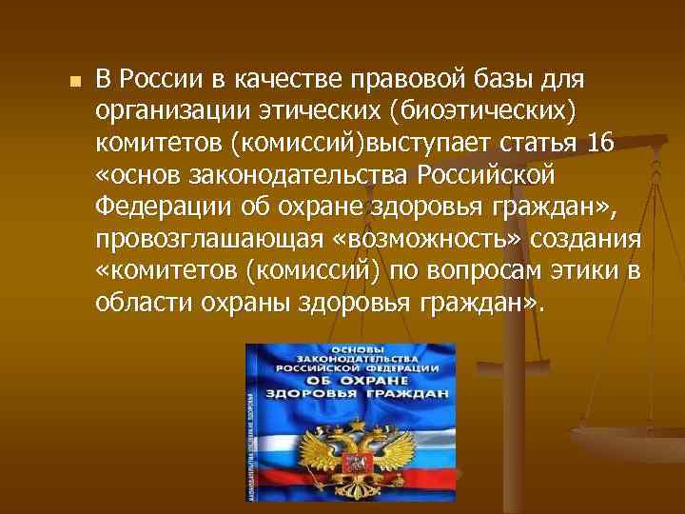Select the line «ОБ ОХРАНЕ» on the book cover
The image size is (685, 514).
355,381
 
